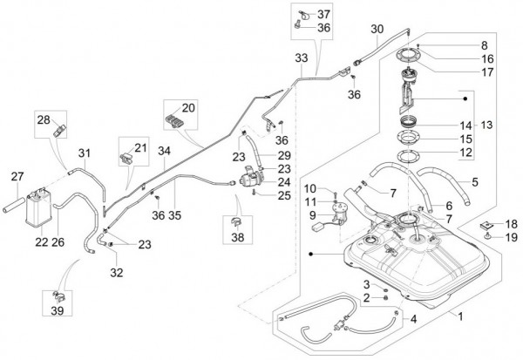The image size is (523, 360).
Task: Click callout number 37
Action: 323,15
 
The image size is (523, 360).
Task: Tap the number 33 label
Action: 301,58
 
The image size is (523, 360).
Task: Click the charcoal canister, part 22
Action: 40,207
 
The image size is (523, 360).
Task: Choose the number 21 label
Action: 140,146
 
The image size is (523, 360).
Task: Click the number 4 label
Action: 412,317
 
